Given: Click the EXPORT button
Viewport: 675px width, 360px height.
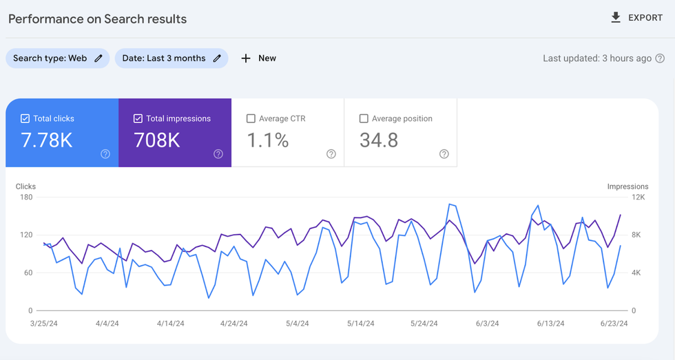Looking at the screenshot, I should tap(636, 18).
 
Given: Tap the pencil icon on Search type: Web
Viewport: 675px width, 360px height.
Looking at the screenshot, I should tap(98, 59).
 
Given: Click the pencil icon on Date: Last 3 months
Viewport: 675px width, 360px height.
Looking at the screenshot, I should tap(217, 59).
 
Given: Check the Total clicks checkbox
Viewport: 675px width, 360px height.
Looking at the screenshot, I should tap(25, 118).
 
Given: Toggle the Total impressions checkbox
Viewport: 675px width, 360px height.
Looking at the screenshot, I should tap(138, 118).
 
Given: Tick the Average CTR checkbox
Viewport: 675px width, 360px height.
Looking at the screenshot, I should tap(251, 118).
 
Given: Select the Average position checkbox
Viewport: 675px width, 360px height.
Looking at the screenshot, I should tap(364, 118).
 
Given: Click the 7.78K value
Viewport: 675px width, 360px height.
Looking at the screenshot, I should tap(47, 140).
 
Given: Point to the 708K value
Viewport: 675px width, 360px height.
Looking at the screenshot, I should tap(157, 140).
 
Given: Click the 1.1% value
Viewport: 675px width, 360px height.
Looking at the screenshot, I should tap(268, 140).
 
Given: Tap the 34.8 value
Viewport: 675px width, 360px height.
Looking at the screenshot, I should tap(379, 140).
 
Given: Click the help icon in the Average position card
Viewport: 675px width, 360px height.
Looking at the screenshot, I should tap(444, 154).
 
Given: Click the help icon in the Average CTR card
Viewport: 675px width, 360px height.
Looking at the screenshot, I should tap(331, 154).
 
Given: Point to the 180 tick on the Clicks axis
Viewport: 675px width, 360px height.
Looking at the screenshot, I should tap(26, 198).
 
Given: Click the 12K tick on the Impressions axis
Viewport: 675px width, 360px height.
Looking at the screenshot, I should tap(638, 198).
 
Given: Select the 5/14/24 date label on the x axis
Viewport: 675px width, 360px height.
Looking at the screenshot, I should tap(360, 324).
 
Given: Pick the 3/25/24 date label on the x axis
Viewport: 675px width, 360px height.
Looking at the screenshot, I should tap(44, 324).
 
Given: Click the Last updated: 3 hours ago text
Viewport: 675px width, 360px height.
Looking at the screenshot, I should tap(596, 59).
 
